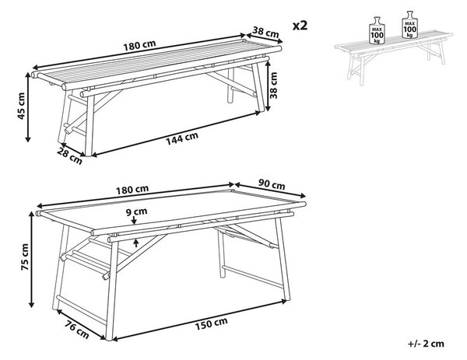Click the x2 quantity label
[x=300, y=26]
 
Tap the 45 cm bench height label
[x=21, y=106]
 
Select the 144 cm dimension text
[x=182, y=138]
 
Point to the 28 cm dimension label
[x=70, y=157]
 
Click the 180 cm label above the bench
[x=139, y=45]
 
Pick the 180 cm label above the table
[x=132, y=189]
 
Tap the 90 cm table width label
[x=272, y=184]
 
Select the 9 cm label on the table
[x=136, y=211]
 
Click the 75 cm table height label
[x=25, y=257]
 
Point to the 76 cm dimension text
[x=77, y=330]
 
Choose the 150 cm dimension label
[x=211, y=323]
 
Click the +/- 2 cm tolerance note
[x=426, y=344]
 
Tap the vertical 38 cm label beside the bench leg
[x=273, y=86]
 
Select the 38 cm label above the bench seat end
[x=265, y=32]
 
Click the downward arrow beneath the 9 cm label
[x=134, y=220]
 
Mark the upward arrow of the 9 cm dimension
[x=136, y=243]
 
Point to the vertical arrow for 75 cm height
[x=31, y=259]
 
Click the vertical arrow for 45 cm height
[x=28, y=107]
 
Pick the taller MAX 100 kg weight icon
[x=410, y=25]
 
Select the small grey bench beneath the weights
[x=394, y=57]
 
